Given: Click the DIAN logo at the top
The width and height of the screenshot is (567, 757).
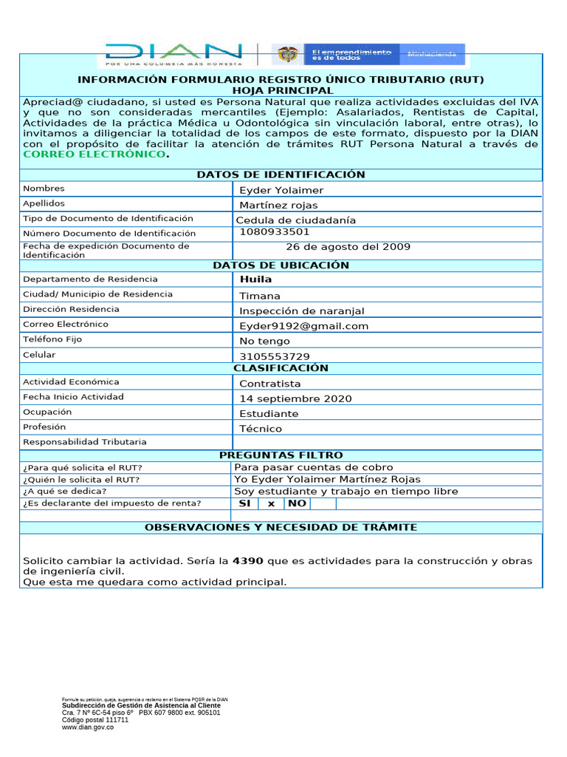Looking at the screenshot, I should [173, 53].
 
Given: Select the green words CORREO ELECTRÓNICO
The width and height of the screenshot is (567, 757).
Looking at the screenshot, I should [94, 155].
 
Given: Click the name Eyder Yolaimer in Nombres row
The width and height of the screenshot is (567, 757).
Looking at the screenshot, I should [281, 190].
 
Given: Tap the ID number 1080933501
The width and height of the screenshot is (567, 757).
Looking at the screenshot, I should [275, 232].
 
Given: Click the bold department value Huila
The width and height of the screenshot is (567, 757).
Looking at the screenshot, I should [255, 279].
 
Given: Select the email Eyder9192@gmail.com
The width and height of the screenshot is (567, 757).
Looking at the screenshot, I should [303, 326].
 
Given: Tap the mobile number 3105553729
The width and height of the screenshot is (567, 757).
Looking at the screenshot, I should [275, 356].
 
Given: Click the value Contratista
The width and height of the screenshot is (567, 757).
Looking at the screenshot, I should [270, 384].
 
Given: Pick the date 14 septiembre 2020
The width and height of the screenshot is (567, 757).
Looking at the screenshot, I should [295, 398].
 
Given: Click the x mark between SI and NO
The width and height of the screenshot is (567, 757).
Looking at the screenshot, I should [271, 503].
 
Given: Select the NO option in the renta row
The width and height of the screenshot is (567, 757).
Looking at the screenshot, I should [297, 503].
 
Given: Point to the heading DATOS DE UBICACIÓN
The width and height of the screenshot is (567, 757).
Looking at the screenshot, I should [281, 265].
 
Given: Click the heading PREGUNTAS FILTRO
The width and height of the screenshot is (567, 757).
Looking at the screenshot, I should [281, 455].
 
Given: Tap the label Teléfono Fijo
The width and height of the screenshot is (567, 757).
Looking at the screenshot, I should [52, 339].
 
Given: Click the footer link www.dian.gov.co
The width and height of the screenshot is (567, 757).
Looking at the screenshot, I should [87, 727].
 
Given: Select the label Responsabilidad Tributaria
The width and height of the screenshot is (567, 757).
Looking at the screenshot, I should [84, 442].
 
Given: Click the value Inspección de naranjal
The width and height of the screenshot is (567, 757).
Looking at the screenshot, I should [302, 311].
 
